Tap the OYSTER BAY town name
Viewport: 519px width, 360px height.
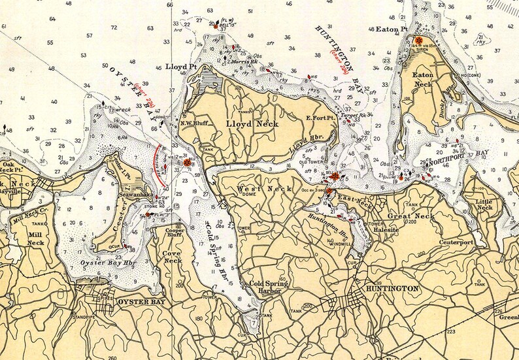pyautogui.click(x=142, y=302)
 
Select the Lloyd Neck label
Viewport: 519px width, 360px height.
pyautogui.click(x=252, y=123)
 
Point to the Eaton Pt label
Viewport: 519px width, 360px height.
pyautogui.click(x=392, y=29)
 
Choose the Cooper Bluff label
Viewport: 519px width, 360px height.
pyautogui.click(x=175, y=233)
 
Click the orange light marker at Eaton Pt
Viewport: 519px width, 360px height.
pyautogui.click(x=418, y=40)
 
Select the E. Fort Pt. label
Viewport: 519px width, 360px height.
pyautogui.click(x=320, y=118)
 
